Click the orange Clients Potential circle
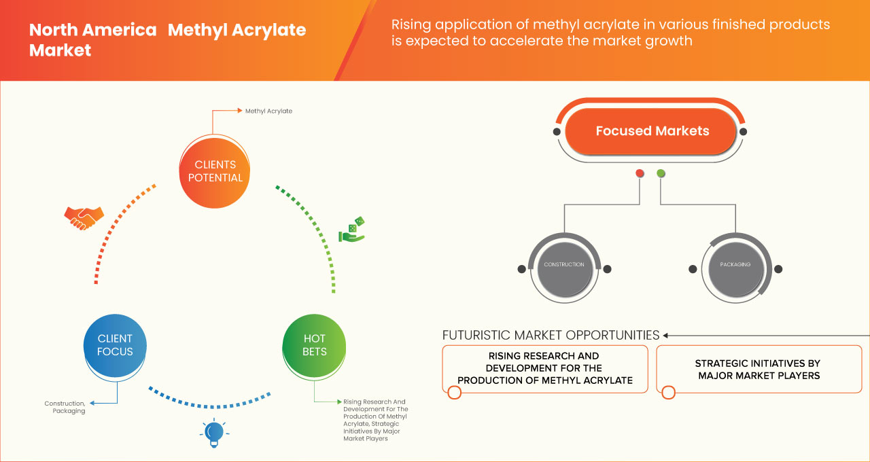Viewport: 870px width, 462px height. [214, 171]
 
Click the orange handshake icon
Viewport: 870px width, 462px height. [84, 217]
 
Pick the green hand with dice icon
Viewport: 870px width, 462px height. [351, 230]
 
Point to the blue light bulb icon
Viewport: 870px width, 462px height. [214, 433]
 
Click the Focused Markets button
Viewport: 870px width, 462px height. [651, 131]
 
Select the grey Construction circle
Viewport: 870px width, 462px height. [563, 265]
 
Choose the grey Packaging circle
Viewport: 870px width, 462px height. [734, 265]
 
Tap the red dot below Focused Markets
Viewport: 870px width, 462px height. [640, 174]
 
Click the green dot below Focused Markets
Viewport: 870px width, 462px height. [661, 174]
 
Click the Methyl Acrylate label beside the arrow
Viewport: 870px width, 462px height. [268, 111]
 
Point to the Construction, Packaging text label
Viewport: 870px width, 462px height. [65, 407]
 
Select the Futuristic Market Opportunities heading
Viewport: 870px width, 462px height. [551, 335]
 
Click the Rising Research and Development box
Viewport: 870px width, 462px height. [544, 368]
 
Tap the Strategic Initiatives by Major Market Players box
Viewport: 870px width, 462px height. [758, 370]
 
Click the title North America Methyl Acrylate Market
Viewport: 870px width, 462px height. [167, 40]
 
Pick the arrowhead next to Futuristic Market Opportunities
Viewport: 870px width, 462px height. [666, 335]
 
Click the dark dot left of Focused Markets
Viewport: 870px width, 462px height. [557, 131]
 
